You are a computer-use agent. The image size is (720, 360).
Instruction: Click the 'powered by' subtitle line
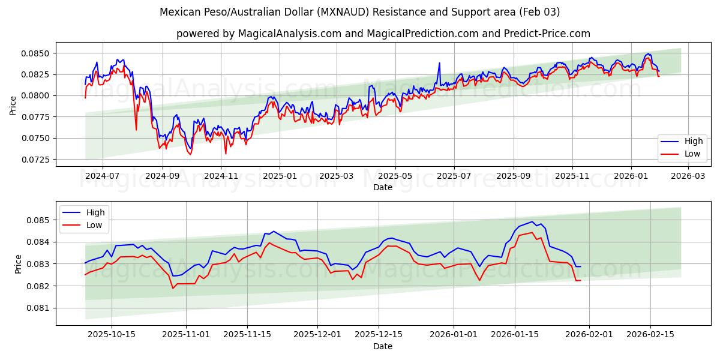tap(383, 34)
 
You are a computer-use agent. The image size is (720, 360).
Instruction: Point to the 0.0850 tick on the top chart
tap(37, 53)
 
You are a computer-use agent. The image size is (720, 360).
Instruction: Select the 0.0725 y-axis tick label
tap(37, 160)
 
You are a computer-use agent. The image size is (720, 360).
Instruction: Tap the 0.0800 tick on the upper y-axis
tap(37, 96)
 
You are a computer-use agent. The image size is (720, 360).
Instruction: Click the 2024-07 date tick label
tap(102, 176)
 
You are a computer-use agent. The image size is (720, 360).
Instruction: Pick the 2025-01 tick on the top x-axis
tap(280, 176)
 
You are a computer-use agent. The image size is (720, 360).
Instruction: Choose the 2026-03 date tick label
tap(688, 176)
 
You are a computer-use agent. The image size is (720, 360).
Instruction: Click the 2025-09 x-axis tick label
tap(514, 176)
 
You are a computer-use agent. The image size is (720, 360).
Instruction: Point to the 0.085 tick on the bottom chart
tap(39, 220)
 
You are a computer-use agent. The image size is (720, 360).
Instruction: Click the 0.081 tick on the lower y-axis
tap(39, 308)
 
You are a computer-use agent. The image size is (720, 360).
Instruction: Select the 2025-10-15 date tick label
tap(112, 335)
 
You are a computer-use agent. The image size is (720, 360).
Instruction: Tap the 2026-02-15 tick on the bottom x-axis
tap(650, 335)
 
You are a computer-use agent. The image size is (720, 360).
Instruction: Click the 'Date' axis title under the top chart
tap(383, 187)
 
